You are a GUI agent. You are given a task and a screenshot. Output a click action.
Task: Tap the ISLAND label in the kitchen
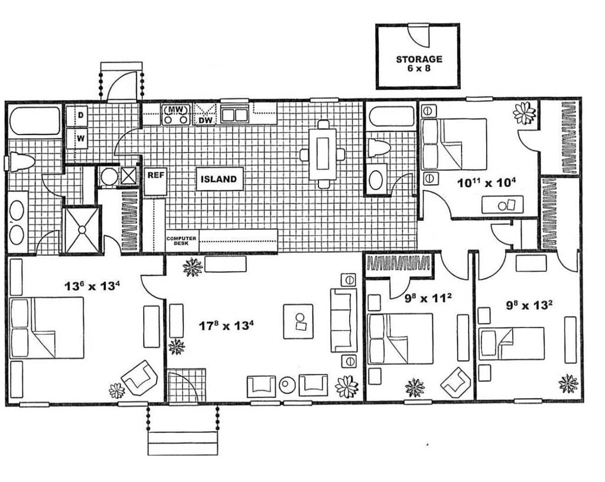[x=219, y=179]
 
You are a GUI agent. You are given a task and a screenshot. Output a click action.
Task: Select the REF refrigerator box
[x=155, y=176]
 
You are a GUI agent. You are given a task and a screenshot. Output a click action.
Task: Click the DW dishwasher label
[x=205, y=120]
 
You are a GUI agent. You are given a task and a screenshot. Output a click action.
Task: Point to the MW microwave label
[x=175, y=110]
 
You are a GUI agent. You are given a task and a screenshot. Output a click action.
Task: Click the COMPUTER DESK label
[x=181, y=241]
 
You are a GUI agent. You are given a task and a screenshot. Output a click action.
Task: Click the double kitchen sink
[x=234, y=114]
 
